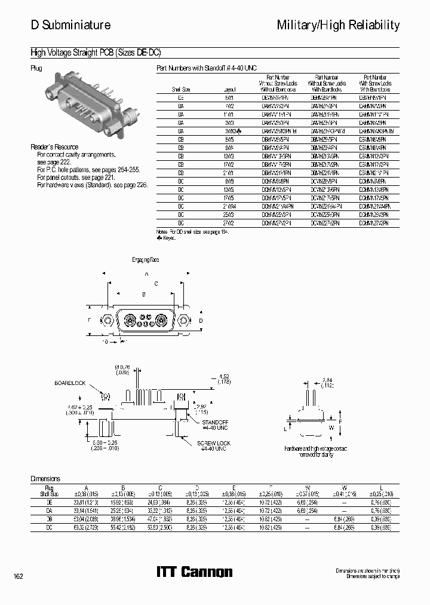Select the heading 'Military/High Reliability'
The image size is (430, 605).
coord(338,25)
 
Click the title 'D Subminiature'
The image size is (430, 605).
coord(70,25)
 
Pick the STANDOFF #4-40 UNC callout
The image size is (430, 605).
coord(214,424)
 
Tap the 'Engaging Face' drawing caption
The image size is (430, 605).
coord(146,260)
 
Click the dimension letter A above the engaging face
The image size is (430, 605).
coord(146,274)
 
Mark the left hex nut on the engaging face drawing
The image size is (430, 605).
coord(108,320)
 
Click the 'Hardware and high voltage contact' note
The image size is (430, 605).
coord(315,450)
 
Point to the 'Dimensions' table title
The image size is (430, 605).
coord(45,479)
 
